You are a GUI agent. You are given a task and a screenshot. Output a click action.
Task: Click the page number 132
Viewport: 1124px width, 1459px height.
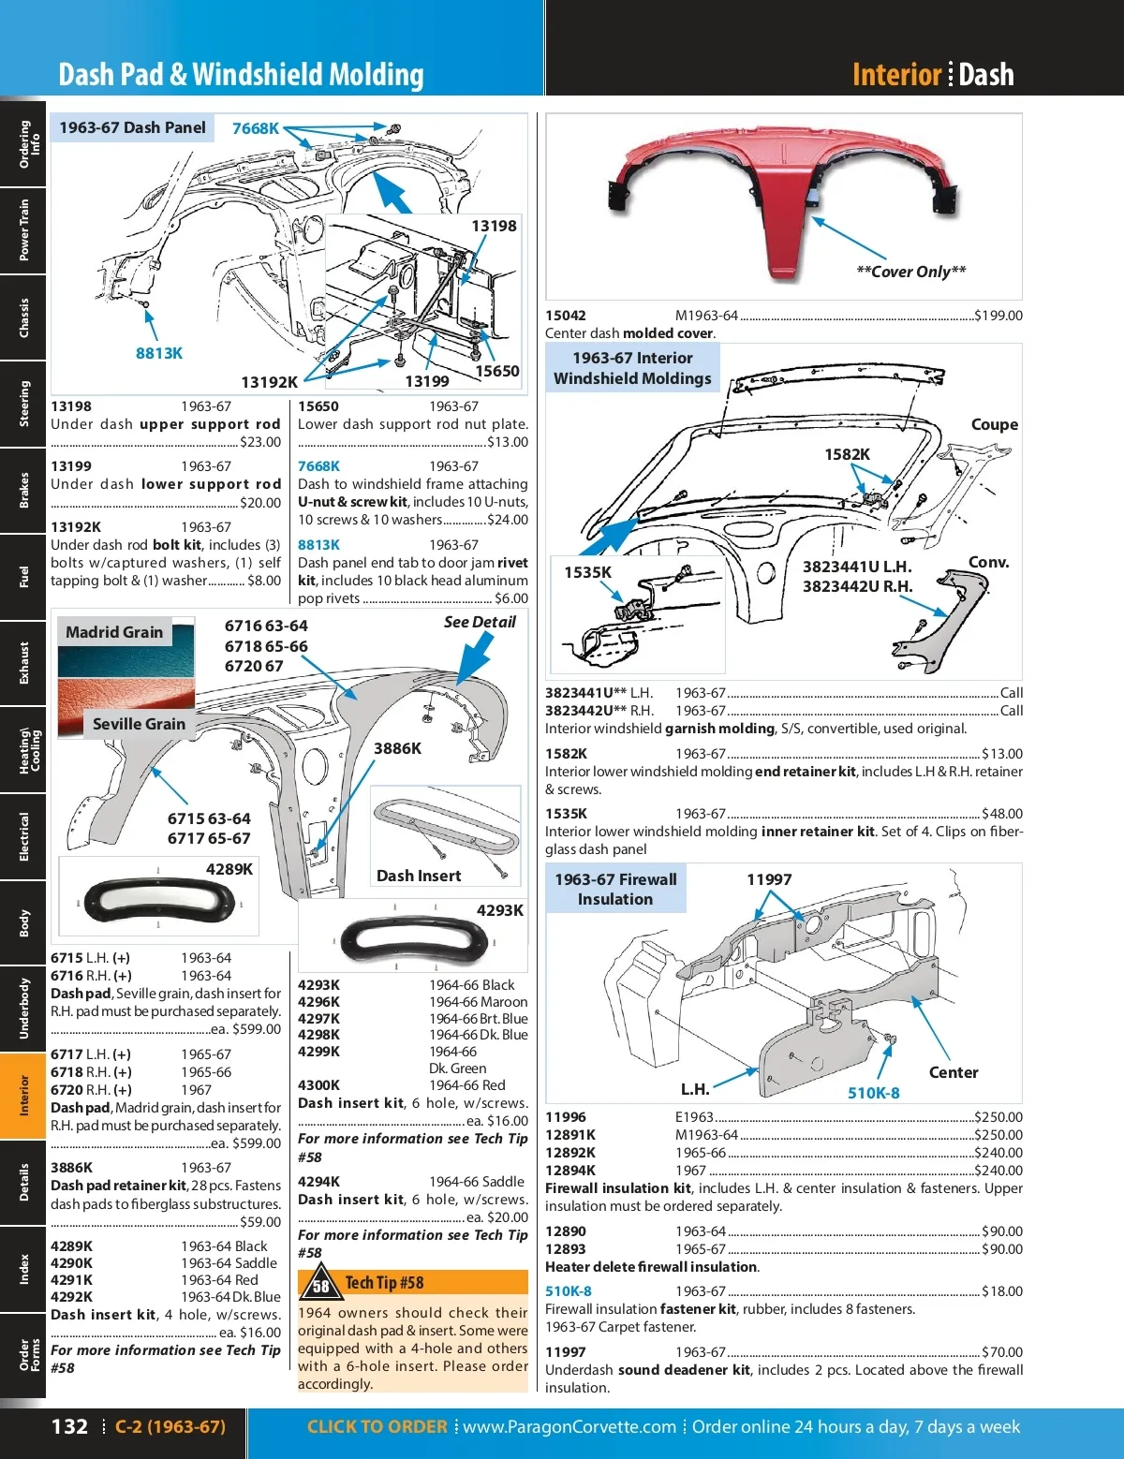pos(69,1426)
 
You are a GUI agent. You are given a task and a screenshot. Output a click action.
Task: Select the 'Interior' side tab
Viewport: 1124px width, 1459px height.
pos(23,1096)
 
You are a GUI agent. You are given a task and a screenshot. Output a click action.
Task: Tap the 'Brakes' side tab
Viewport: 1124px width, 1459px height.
pos(23,490)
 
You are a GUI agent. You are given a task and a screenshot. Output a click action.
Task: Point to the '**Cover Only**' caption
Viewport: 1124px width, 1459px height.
pos(910,272)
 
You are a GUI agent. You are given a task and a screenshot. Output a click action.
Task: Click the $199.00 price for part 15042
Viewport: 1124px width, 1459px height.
pos(998,316)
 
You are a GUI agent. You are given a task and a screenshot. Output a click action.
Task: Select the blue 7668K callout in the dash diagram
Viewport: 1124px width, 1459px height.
pos(256,128)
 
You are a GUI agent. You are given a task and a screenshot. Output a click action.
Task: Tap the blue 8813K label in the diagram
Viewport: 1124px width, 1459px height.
pos(159,353)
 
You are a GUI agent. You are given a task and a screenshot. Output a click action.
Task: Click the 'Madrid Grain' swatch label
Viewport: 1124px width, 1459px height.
pos(114,632)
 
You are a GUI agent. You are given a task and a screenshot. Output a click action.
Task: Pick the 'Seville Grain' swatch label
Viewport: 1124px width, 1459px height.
pos(139,724)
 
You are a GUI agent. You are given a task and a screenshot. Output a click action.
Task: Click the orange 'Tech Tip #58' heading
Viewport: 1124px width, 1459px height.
pos(384,1283)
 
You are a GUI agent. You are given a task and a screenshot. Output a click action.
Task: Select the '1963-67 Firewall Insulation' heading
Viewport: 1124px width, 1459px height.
pos(615,889)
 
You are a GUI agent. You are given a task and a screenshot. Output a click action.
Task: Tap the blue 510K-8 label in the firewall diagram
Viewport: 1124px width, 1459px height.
pos(873,1093)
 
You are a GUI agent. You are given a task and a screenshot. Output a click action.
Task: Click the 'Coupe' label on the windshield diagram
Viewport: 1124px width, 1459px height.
pos(994,424)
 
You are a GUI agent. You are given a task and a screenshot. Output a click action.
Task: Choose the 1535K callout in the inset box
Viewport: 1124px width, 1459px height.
pos(587,572)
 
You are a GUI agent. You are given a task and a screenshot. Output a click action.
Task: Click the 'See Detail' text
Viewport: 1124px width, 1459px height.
pos(480,622)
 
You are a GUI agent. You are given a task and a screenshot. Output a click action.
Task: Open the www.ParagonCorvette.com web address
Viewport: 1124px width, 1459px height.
pos(569,1426)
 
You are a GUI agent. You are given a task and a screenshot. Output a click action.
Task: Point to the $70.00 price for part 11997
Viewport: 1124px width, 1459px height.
pos(1001,1352)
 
